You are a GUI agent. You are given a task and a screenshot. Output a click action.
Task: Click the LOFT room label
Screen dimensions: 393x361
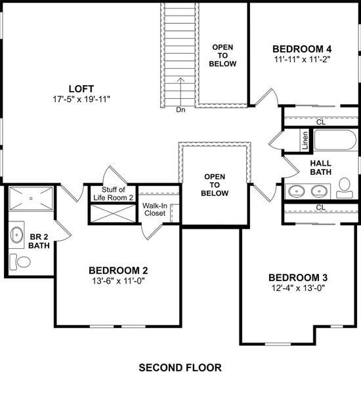coord(81,88)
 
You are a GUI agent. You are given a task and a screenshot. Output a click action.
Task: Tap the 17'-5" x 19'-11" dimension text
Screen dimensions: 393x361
coord(81,100)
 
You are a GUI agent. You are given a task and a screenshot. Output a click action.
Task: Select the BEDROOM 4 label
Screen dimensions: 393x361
coord(302,48)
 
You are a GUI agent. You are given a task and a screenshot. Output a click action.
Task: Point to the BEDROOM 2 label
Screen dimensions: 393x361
coord(117,271)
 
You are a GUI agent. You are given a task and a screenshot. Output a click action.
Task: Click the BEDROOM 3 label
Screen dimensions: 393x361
coord(297,276)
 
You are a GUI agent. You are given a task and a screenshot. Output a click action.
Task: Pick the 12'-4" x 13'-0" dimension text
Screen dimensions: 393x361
coord(297,288)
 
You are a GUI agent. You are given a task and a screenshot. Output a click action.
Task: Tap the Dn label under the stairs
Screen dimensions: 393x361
coord(181,110)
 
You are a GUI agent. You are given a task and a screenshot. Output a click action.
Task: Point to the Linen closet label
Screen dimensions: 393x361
coord(305,140)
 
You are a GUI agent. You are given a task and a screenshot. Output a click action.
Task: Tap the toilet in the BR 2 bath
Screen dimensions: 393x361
coord(24,262)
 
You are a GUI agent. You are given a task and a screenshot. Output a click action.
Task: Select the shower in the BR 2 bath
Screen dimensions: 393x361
coord(32,197)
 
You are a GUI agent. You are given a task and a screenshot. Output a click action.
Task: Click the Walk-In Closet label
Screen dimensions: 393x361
coord(155,209)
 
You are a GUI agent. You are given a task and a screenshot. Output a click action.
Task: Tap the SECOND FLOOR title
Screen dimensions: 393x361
coord(180,368)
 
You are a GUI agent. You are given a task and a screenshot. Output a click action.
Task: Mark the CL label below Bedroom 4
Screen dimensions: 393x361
coord(321,121)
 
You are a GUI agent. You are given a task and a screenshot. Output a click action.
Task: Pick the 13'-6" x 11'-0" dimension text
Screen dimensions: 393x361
coord(117,282)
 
